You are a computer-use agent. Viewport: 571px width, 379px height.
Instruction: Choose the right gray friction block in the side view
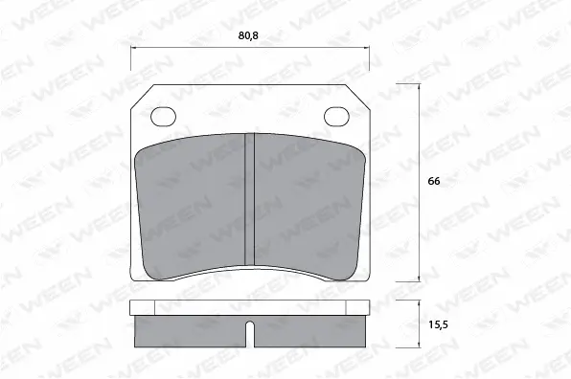311,331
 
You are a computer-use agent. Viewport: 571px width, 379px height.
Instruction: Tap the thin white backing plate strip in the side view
250,308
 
